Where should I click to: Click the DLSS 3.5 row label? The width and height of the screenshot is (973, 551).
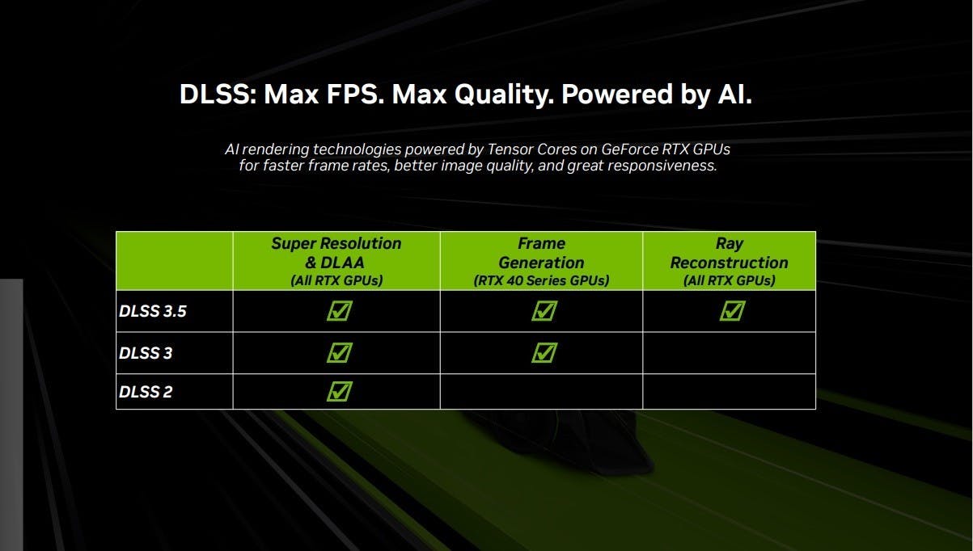point(153,311)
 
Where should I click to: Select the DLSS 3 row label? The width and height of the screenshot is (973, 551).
point(146,353)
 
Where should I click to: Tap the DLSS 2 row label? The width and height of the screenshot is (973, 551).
point(146,392)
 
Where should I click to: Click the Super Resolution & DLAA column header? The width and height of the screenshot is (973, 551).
point(336,261)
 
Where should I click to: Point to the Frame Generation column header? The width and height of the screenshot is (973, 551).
point(541,261)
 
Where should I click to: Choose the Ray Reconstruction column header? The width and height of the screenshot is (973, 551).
point(730,261)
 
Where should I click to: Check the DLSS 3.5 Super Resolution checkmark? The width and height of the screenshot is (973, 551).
point(340,310)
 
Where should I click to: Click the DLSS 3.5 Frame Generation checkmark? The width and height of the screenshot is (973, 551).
point(544,310)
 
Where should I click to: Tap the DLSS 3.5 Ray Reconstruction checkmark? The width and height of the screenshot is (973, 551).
point(732,310)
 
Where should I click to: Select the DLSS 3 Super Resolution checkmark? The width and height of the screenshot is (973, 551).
point(340,352)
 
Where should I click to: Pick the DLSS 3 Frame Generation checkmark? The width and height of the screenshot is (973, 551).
point(544,352)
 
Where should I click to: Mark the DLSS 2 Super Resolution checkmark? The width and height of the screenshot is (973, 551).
point(340,391)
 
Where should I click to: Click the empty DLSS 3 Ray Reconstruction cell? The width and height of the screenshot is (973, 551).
point(730,353)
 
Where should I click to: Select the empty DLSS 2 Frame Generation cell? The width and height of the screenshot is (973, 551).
point(541,392)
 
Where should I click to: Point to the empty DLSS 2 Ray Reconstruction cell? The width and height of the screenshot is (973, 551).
point(730,392)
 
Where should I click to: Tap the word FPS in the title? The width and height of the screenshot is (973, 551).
point(355,95)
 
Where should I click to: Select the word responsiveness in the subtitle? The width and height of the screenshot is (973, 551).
point(662,166)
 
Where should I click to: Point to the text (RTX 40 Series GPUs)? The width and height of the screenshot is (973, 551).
point(541,280)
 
